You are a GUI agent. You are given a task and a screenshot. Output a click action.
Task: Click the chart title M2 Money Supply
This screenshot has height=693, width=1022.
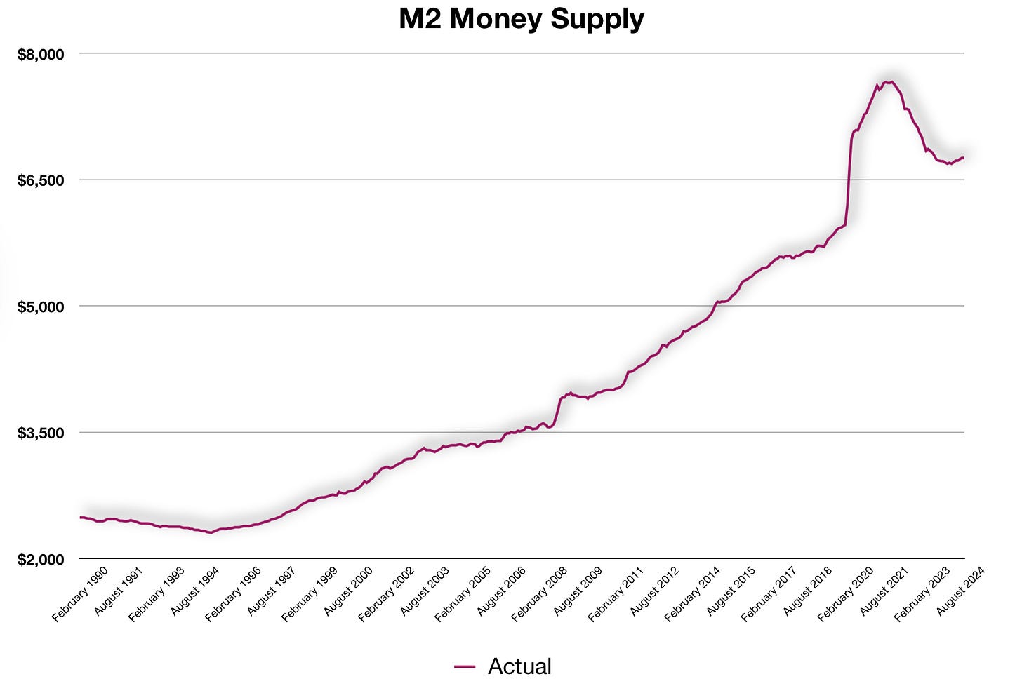pyautogui.click(x=521, y=19)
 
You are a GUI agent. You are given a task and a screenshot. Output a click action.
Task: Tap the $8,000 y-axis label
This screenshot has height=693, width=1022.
pyautogui.click(x=41, y=54)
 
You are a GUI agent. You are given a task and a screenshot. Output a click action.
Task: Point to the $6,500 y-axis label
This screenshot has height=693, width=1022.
pyautogui.click(x=41, y=180)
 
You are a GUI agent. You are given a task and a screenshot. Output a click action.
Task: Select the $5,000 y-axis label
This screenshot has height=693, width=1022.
pyautogui.click(x=41, y=307)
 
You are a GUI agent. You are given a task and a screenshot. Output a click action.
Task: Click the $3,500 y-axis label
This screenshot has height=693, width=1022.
pyautogui.click(x=41, y=433)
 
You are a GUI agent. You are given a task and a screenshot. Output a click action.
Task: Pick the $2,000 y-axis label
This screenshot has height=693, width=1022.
pyautogui.click(x=41, y=559)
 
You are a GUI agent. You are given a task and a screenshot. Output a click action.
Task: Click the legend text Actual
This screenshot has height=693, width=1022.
pyautogui.click(x=519, y=666)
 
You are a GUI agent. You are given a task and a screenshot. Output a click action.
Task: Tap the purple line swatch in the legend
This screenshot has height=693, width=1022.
pyautogui.click(x=465, y=667)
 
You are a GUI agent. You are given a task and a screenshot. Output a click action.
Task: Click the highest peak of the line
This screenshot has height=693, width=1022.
pyautogui.click(x=889, y=82)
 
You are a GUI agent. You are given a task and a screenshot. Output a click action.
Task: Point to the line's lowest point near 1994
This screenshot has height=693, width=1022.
pyautogui.click(x=210, y=532)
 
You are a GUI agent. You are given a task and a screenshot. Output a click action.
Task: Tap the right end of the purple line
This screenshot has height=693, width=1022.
pyautogui.click(x=963, y=157)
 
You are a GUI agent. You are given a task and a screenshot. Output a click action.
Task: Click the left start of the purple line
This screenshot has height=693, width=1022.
pyautogui.click(x=81, y=517)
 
